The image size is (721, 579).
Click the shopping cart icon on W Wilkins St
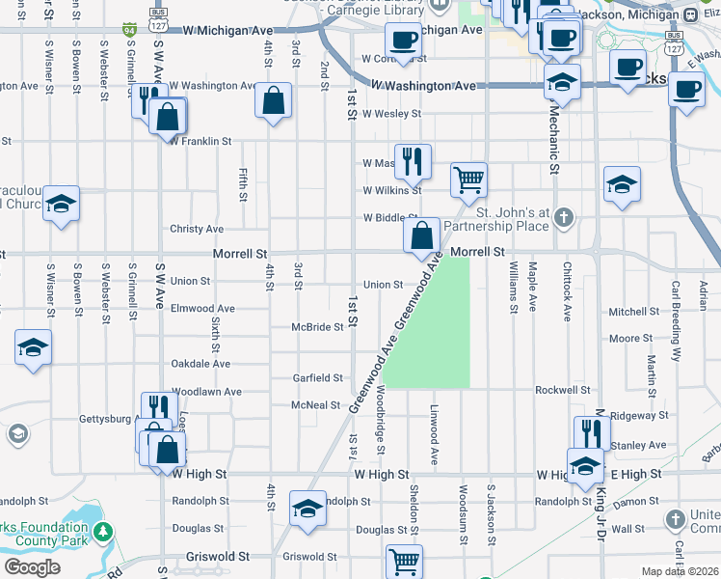click(x=468, y=179)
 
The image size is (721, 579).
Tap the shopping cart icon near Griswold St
click(x=404, y=560)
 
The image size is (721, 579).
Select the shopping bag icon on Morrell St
click(x=421, y=234)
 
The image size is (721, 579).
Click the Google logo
click(x=32, y=567)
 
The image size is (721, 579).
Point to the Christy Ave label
click(x=197, y=229)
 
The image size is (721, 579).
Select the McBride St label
click(x=318, y=327)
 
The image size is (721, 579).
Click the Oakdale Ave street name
click(x=200, y=364)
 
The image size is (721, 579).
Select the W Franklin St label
click(x=200, y=141)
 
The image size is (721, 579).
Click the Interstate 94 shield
click(x=130, y=31)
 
